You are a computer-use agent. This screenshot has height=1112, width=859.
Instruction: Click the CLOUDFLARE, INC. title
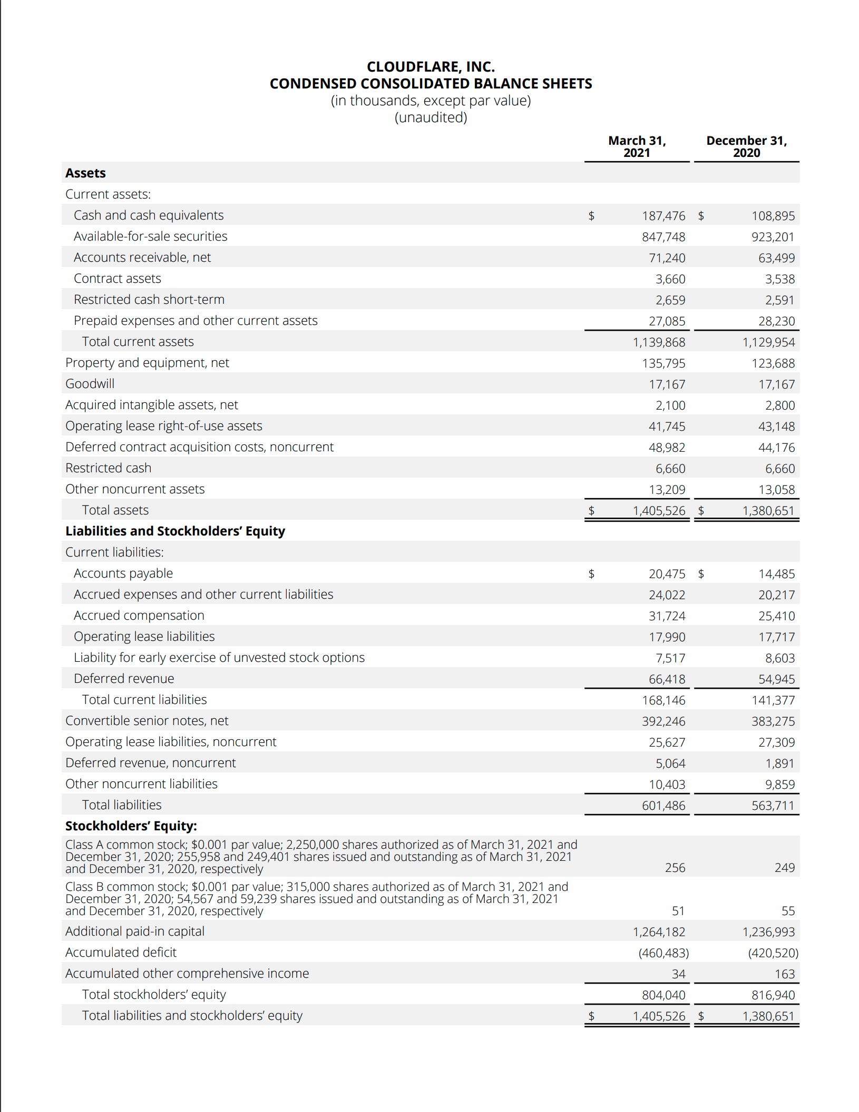(431, 67)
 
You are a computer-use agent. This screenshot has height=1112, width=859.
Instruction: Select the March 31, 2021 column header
(637, 146)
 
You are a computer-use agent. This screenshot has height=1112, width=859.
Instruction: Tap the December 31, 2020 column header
(746, 146)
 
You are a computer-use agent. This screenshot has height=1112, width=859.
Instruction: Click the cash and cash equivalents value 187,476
(663, 216)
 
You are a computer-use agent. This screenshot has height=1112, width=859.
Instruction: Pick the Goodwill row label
(90, 384)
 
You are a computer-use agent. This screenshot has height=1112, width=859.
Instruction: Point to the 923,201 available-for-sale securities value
(772, 237)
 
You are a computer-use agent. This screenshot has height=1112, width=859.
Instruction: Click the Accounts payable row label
(123, 573)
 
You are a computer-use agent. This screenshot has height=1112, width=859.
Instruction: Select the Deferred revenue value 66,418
(667, 679)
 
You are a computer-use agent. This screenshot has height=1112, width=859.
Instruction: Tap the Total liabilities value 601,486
(663, 806)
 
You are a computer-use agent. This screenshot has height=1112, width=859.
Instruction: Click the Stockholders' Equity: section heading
(131, 826)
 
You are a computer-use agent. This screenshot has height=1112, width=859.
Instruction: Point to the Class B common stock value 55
(788, 911)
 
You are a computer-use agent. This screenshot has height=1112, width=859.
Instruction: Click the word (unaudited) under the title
(431, 117)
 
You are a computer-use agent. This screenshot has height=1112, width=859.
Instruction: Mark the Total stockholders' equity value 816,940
(773, 995)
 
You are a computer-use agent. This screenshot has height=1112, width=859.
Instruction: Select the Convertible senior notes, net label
(147, 721)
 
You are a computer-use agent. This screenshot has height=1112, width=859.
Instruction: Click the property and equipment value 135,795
(663, 363)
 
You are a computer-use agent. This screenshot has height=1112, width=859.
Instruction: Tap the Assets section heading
(85, 173)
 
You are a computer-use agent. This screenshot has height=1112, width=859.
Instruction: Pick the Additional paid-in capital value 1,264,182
(659, 932)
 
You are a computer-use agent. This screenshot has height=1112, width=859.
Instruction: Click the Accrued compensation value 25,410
(776, 616)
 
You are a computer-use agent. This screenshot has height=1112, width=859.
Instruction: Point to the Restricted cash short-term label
(149, 300)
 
